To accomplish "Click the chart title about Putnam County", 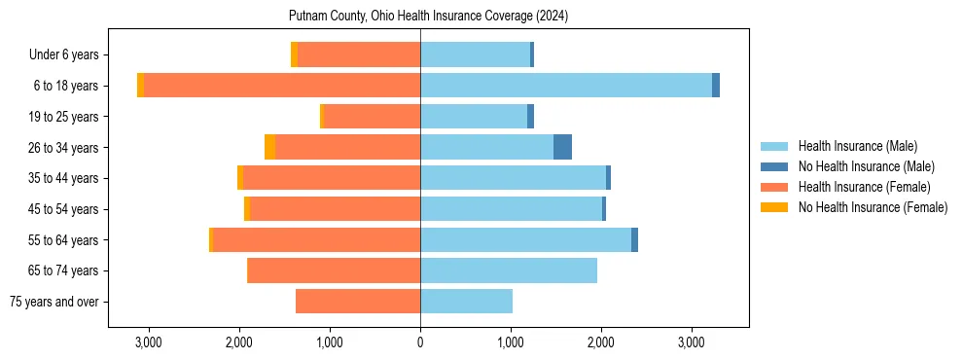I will (x=428, y=17).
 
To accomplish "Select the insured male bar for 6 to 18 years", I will (x=566, y=86).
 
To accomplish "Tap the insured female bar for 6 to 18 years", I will (x=282, y=86).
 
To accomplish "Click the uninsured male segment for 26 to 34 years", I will (x=562, y=147).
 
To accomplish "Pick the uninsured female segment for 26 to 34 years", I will (x=269, y=147).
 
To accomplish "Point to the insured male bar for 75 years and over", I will (x=466, y=302).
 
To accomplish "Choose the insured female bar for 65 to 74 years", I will (x=334, y=270).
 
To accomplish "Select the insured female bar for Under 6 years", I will (x=359, y=54).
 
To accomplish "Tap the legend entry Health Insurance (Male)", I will (x=857, y=146).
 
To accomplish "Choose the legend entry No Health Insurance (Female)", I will (x=872, y=207).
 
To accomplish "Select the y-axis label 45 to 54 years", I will (x=65, y=209).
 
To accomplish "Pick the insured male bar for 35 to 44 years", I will (x=513, y=178).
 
